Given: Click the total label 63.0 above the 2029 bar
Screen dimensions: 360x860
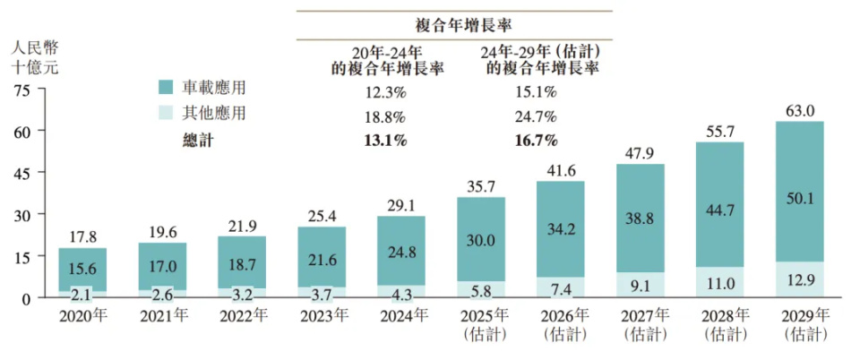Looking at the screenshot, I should point(799,111).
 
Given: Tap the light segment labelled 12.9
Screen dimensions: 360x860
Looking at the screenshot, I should point(799,283).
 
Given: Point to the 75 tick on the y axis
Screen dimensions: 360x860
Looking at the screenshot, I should point(22,90).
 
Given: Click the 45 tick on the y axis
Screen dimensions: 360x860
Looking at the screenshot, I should point(22,173).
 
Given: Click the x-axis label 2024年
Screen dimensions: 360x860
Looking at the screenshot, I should point(401,315).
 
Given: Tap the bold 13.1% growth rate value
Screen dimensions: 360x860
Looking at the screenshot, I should point(385,140).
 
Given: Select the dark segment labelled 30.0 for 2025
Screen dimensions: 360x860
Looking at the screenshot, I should point(481,240).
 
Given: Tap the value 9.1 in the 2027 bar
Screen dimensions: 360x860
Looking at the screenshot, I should point(641,286).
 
